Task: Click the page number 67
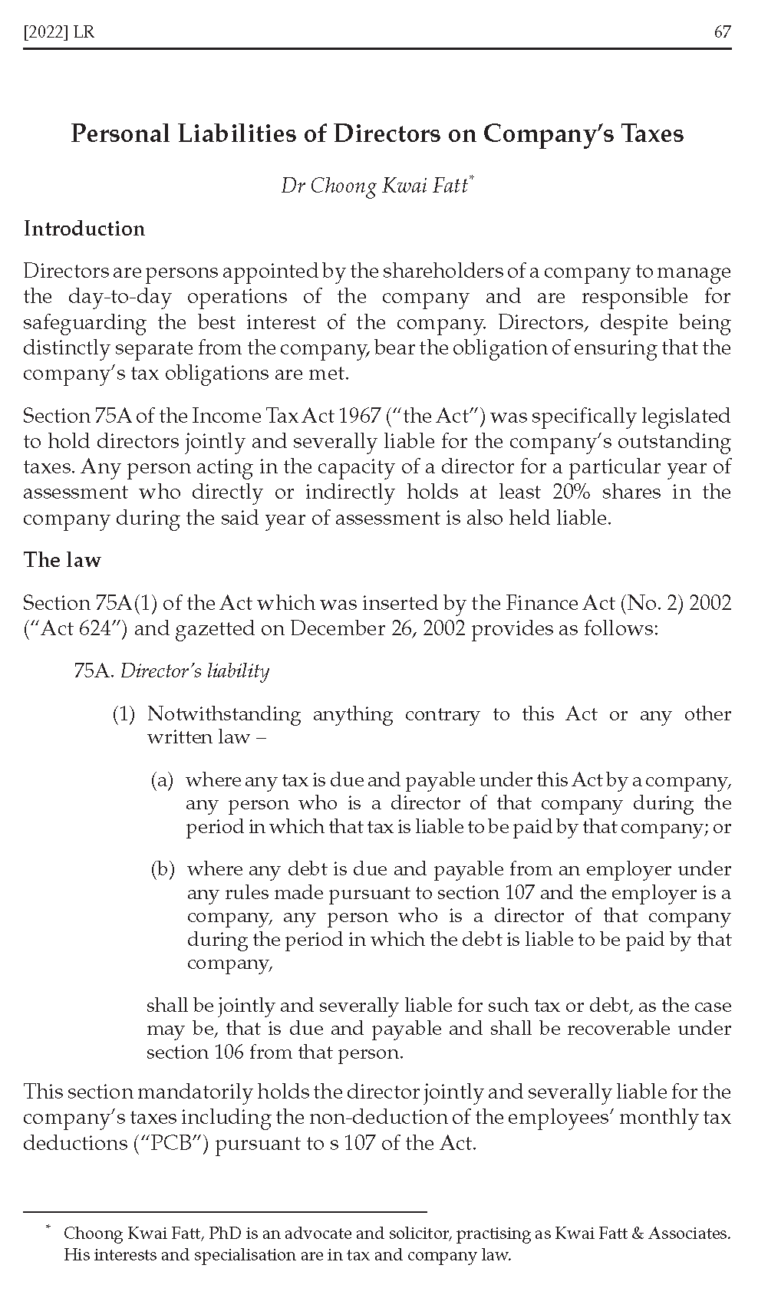tap(722, 32)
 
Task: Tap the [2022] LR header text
tap(59, 32)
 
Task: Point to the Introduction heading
tap(84, 229)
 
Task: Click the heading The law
tap(62, 559)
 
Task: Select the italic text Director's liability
tap(195, 671)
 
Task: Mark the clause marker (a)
tap(162, 780)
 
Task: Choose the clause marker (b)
tap(163, 869)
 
